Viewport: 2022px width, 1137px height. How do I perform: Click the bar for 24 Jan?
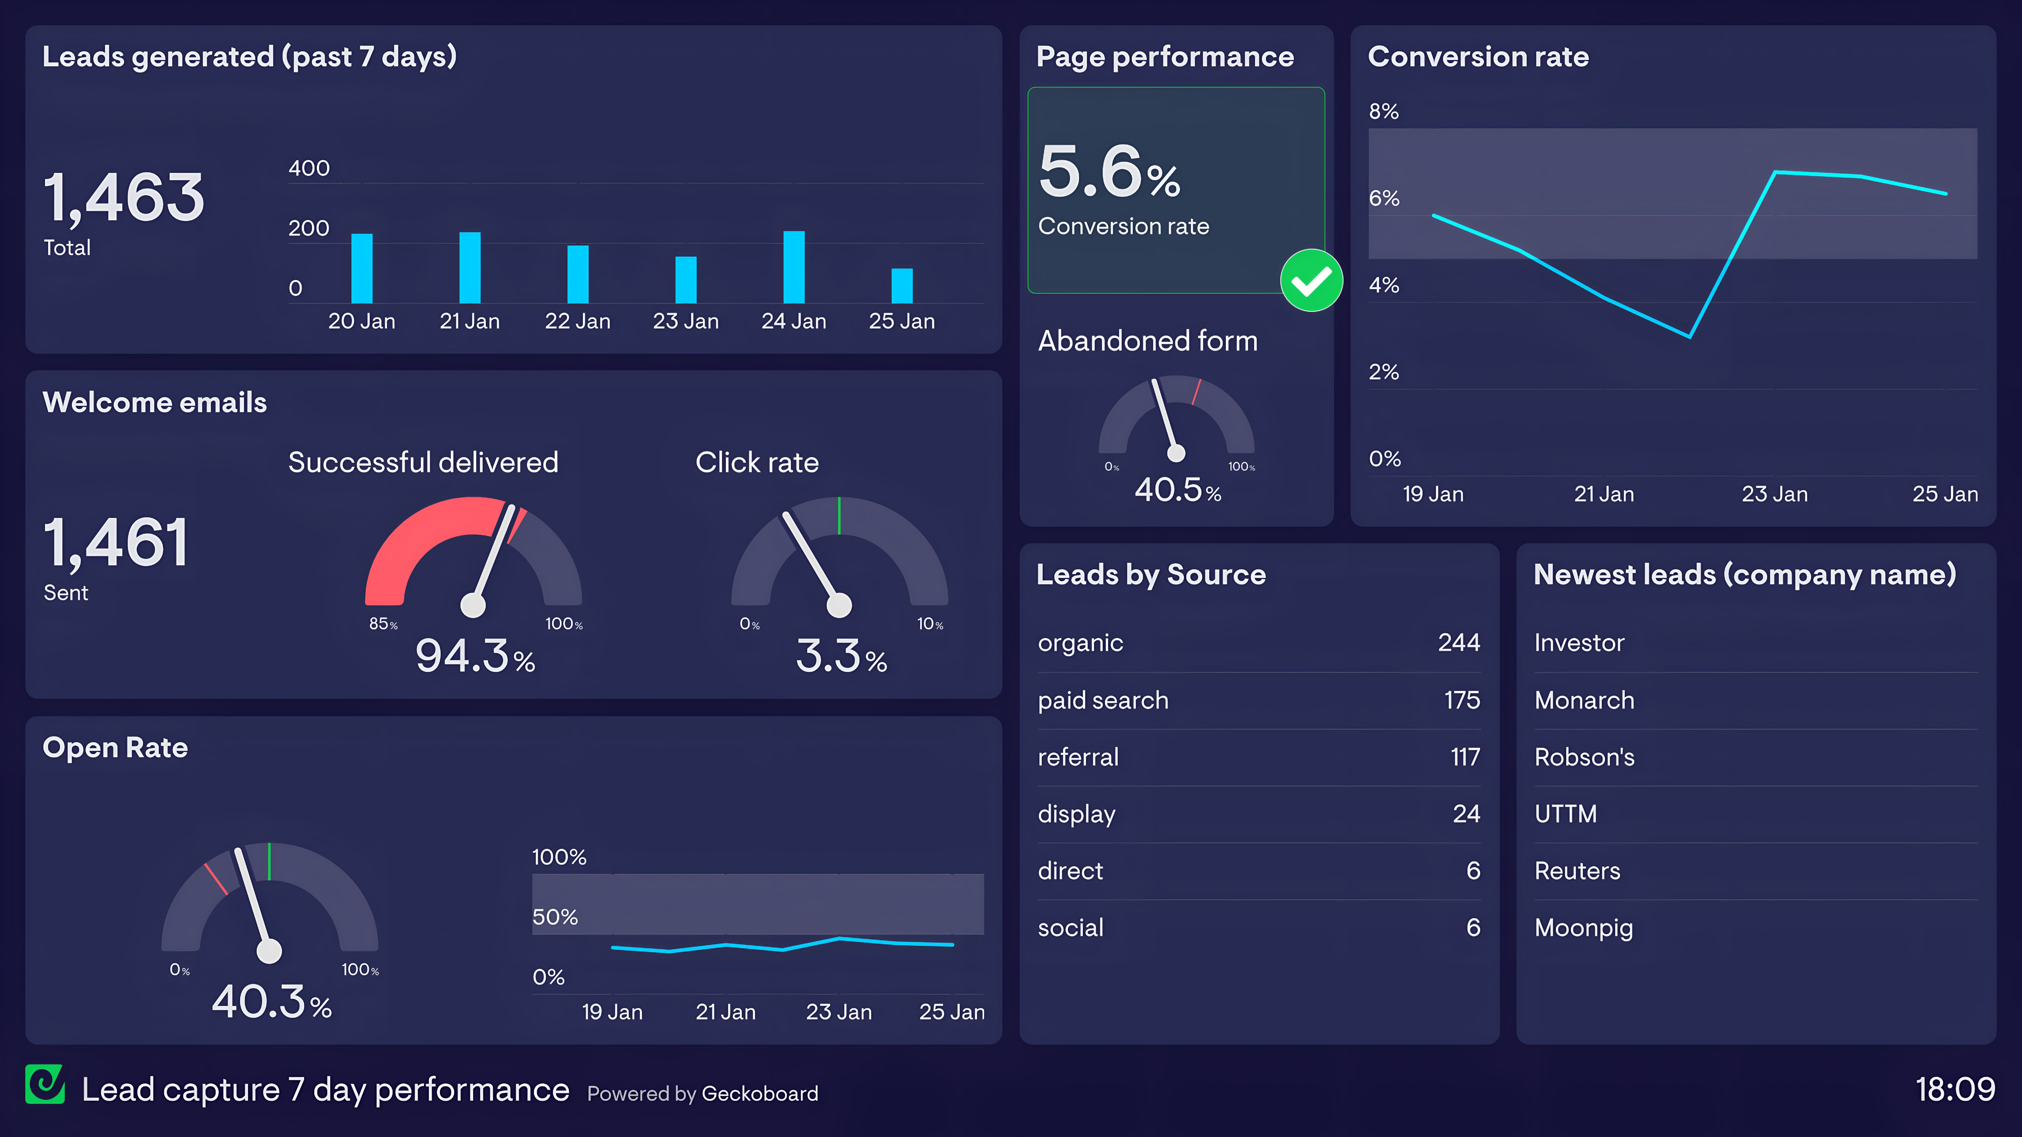point(794,267)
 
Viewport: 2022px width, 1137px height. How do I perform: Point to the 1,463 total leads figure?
point(124,198)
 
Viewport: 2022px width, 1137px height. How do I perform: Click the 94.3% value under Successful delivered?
point(474,656)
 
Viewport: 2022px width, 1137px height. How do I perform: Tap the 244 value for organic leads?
point(1458,643)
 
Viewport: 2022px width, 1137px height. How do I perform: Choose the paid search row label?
point(1103,700)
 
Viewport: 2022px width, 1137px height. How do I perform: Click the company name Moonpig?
point(1583,927)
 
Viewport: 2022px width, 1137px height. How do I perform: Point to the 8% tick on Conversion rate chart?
point(1384,111)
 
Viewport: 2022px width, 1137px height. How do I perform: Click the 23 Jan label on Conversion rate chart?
point(1775,494)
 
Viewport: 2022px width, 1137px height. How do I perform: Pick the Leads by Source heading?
point(1151,574)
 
